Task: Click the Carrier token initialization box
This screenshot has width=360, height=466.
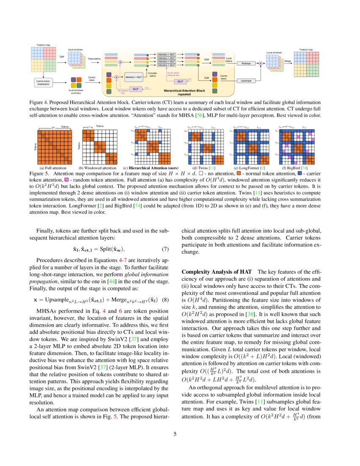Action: click(41, 82)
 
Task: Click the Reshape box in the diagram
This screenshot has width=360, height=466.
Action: click(246, 63)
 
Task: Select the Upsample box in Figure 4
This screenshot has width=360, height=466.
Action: click(246, 80)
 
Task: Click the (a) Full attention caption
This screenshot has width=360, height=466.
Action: click(53, 168)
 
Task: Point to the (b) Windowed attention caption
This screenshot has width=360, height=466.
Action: click(98, 168)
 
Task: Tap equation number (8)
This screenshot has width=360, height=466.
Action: click(166, 300)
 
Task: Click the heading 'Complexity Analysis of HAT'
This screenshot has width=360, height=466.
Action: click(217, 272)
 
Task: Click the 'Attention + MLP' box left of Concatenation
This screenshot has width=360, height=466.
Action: click(133, 77)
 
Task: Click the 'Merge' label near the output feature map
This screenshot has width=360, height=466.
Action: click(288, 61)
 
